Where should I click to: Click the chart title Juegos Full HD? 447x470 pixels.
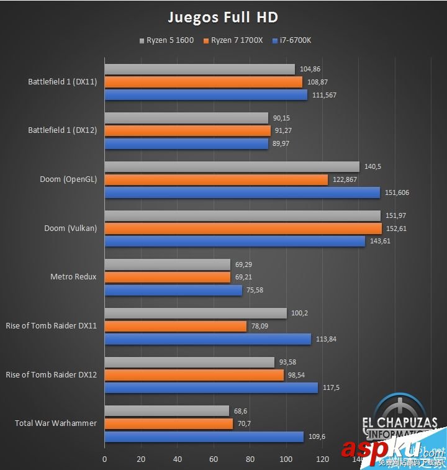[223, 16]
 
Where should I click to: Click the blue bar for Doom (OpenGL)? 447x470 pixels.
[242, 192]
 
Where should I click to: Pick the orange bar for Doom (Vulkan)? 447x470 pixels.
[243, 228]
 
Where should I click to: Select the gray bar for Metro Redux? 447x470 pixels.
[167, 264]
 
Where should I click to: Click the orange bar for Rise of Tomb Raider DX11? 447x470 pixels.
[175, 326]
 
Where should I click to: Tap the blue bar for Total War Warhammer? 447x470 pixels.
[204, 436]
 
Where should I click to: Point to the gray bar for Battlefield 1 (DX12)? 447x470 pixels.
[186, 118]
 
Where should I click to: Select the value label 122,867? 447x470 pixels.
[345, 179]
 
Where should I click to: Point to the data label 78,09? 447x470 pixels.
[260, 326]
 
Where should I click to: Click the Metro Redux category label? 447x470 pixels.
[73, 277]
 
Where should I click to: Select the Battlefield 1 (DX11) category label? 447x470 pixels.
[62, 81]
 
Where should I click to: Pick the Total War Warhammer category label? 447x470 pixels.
[56, 423]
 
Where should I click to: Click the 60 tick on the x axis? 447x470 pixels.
[214, 460]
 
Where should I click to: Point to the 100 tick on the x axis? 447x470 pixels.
[286, 460]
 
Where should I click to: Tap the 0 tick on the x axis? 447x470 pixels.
[104, 460]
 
